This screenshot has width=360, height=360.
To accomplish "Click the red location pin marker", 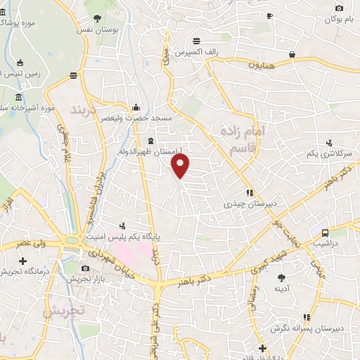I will click(181, 166).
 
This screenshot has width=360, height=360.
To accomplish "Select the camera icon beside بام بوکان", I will click(339, 8).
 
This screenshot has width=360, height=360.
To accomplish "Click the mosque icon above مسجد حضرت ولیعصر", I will click(135, 108).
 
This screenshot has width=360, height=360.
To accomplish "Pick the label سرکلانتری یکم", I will click(324, 153).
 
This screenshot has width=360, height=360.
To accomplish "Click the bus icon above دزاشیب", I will click(324, 233).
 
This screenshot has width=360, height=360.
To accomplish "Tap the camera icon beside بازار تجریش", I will click(86, 268).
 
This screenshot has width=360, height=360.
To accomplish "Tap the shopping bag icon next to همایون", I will click(292, 54).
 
